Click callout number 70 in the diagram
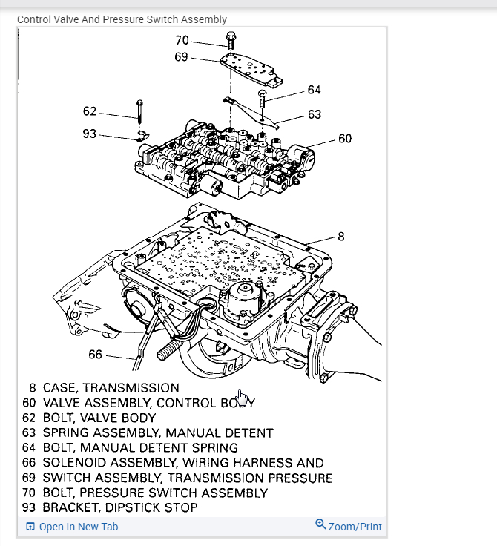pos(182,41)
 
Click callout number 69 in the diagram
pos(182,57)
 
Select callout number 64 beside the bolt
pos(314,90)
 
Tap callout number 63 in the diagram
pos(314,114)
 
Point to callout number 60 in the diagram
pos(344,138)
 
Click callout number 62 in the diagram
pos(90,111)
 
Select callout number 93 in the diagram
pos(90,134)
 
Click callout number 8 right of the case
pos(341,237)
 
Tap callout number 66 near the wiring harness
pos(95,355)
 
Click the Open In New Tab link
pos(78,527)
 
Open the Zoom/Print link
pos(355,527)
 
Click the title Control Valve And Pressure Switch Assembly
pos(122,19)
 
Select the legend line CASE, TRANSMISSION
pos(111,388)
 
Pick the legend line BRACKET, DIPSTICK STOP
pos(120,507)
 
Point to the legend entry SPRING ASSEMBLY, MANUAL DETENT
pos(158,432)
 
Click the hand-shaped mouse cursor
pos(243,398)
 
